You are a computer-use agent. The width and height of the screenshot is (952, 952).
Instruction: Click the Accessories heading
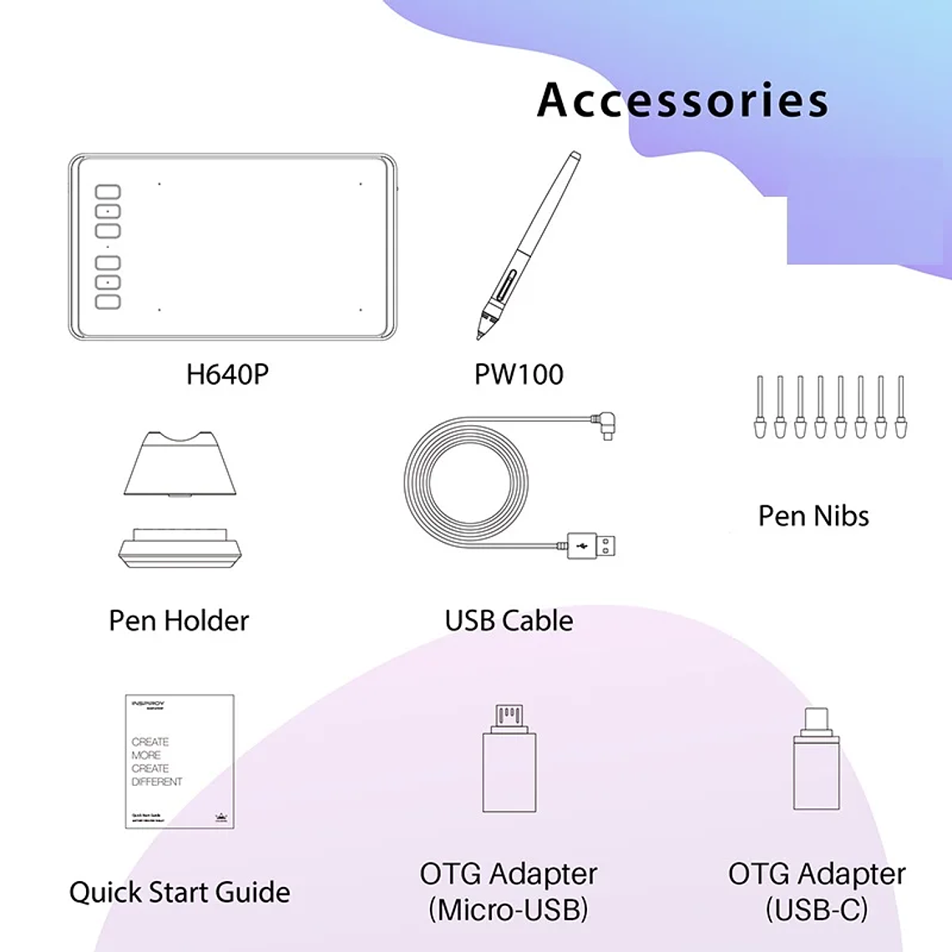pos(682,100)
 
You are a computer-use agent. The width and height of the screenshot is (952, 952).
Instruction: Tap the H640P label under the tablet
pos(227,374)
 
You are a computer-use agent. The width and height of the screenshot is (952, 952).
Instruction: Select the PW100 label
pos(519,374)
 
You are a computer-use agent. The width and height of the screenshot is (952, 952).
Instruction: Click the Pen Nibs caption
pos(813,516)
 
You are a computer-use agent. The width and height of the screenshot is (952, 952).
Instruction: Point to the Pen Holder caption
pos(179,620)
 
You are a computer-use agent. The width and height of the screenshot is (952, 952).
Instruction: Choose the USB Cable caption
pos(509,620)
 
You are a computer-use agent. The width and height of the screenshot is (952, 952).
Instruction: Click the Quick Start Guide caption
pos(180,892)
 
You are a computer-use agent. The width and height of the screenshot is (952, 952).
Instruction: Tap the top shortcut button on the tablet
pos(108,192)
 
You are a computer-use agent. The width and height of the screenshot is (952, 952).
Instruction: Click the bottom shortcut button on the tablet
pos(108,301)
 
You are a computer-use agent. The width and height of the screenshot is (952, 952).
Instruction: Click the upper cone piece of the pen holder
pos(180,463)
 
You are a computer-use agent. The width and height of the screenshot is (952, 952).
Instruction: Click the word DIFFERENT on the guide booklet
pos(157,782)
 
